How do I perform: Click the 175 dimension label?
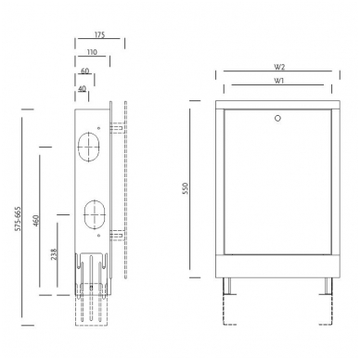click(99, 34)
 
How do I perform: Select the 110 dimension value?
click(92, 52)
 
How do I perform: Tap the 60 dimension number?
click(84, 71)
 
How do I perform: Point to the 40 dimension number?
click(82, 89)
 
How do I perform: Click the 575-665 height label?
click(19, 219)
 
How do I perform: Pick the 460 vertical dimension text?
click(36, 221)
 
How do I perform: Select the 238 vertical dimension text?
click(54, 254)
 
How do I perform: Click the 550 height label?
click(186, 188)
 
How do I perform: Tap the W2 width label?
click(279, 67)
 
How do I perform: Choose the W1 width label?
click(278, 81)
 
